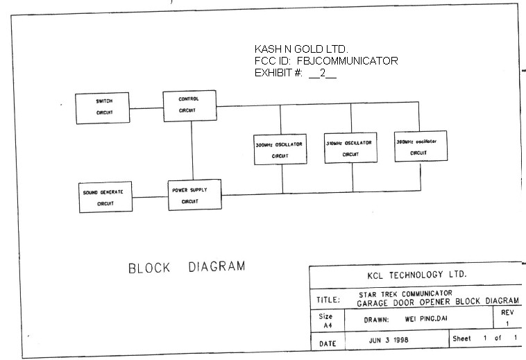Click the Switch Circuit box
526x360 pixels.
pyautogui.click(x=103, y=108)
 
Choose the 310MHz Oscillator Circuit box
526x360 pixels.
pyautogui.click(x=350, y=147)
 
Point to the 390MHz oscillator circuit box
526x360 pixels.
pyautogui.click(x=420, y=146)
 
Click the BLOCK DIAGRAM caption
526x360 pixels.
pyautogui.click(x=187, y=267)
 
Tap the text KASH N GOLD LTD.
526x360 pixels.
pyautogui.click(x=301, y=49)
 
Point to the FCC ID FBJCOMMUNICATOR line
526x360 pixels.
pyautogui.click(x=326, y=61)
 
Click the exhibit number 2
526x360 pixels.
pyautogui.click(x=323, y=73)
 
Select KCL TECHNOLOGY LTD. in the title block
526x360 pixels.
pyautogui.click(x=417, y=275)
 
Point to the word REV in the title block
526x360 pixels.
pyautogui.click(x=507, y=312)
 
